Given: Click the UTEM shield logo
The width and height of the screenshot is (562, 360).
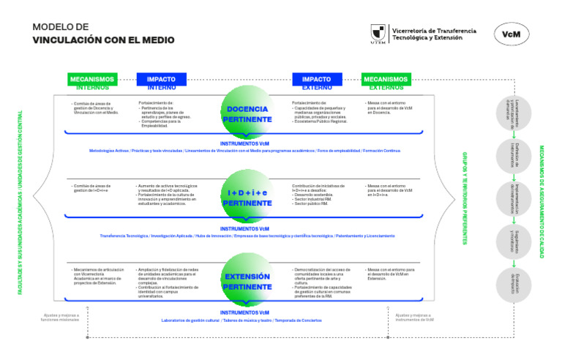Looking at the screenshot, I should click(378, 34).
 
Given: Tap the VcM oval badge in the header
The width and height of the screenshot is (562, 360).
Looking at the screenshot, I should click(512, 34).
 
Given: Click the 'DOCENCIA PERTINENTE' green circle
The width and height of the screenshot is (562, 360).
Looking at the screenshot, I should click(247, 113).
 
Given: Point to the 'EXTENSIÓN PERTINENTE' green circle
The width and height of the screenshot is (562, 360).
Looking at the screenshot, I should click(247, 282).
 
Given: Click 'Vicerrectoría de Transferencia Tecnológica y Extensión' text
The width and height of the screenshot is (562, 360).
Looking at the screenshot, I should click(434, 34).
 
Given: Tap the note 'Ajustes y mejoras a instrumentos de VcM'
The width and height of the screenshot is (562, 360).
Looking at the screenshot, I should click(410, 318).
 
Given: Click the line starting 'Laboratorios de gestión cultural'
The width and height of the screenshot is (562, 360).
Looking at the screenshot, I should click(241, 320).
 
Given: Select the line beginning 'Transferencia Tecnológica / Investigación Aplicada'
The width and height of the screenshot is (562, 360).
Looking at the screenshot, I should click(247, 236).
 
